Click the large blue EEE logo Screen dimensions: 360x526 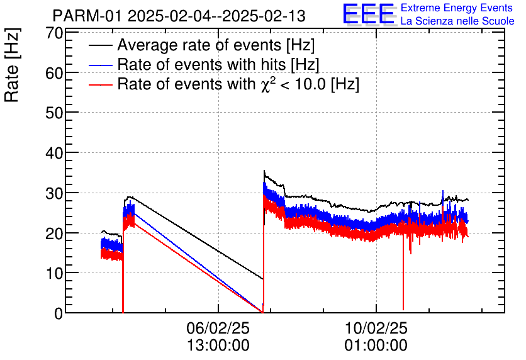point(369,14)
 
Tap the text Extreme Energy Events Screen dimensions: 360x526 point(457,8)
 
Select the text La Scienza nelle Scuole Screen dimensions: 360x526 point(457,21)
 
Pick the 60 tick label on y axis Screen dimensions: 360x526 point(55,73)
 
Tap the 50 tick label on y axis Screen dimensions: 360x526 point(55,113)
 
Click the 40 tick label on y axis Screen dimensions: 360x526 point(55,153)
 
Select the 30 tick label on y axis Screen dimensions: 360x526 point(55,193)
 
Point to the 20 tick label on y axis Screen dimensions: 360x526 point(55,233)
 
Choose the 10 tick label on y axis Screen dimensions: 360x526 point(55,273)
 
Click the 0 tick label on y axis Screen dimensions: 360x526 point(59,313)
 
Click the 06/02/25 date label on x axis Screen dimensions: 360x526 point(218,328)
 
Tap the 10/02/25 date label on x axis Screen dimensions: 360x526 point(376,328)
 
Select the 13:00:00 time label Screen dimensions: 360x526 point(218,345)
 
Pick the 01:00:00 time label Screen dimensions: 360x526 point(376,345)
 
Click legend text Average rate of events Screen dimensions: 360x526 point(216,45)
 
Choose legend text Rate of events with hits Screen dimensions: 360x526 point(218,64)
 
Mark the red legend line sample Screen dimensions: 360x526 point(101,84)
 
